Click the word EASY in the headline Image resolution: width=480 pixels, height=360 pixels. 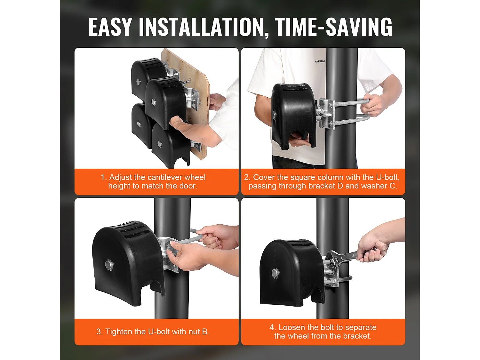pos(110,27)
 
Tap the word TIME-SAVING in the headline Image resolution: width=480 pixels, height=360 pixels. pos(333,27)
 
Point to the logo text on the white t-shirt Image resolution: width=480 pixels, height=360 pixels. pos(320,61)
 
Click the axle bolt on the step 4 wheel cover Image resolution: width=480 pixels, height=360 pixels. pos(275,273)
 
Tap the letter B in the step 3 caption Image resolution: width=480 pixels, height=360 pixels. pos(205,332)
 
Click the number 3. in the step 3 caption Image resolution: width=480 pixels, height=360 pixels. pos(100,332)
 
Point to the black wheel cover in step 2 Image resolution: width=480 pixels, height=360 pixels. pos(294,116)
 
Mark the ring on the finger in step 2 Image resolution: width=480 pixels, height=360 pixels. pos(368,113)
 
